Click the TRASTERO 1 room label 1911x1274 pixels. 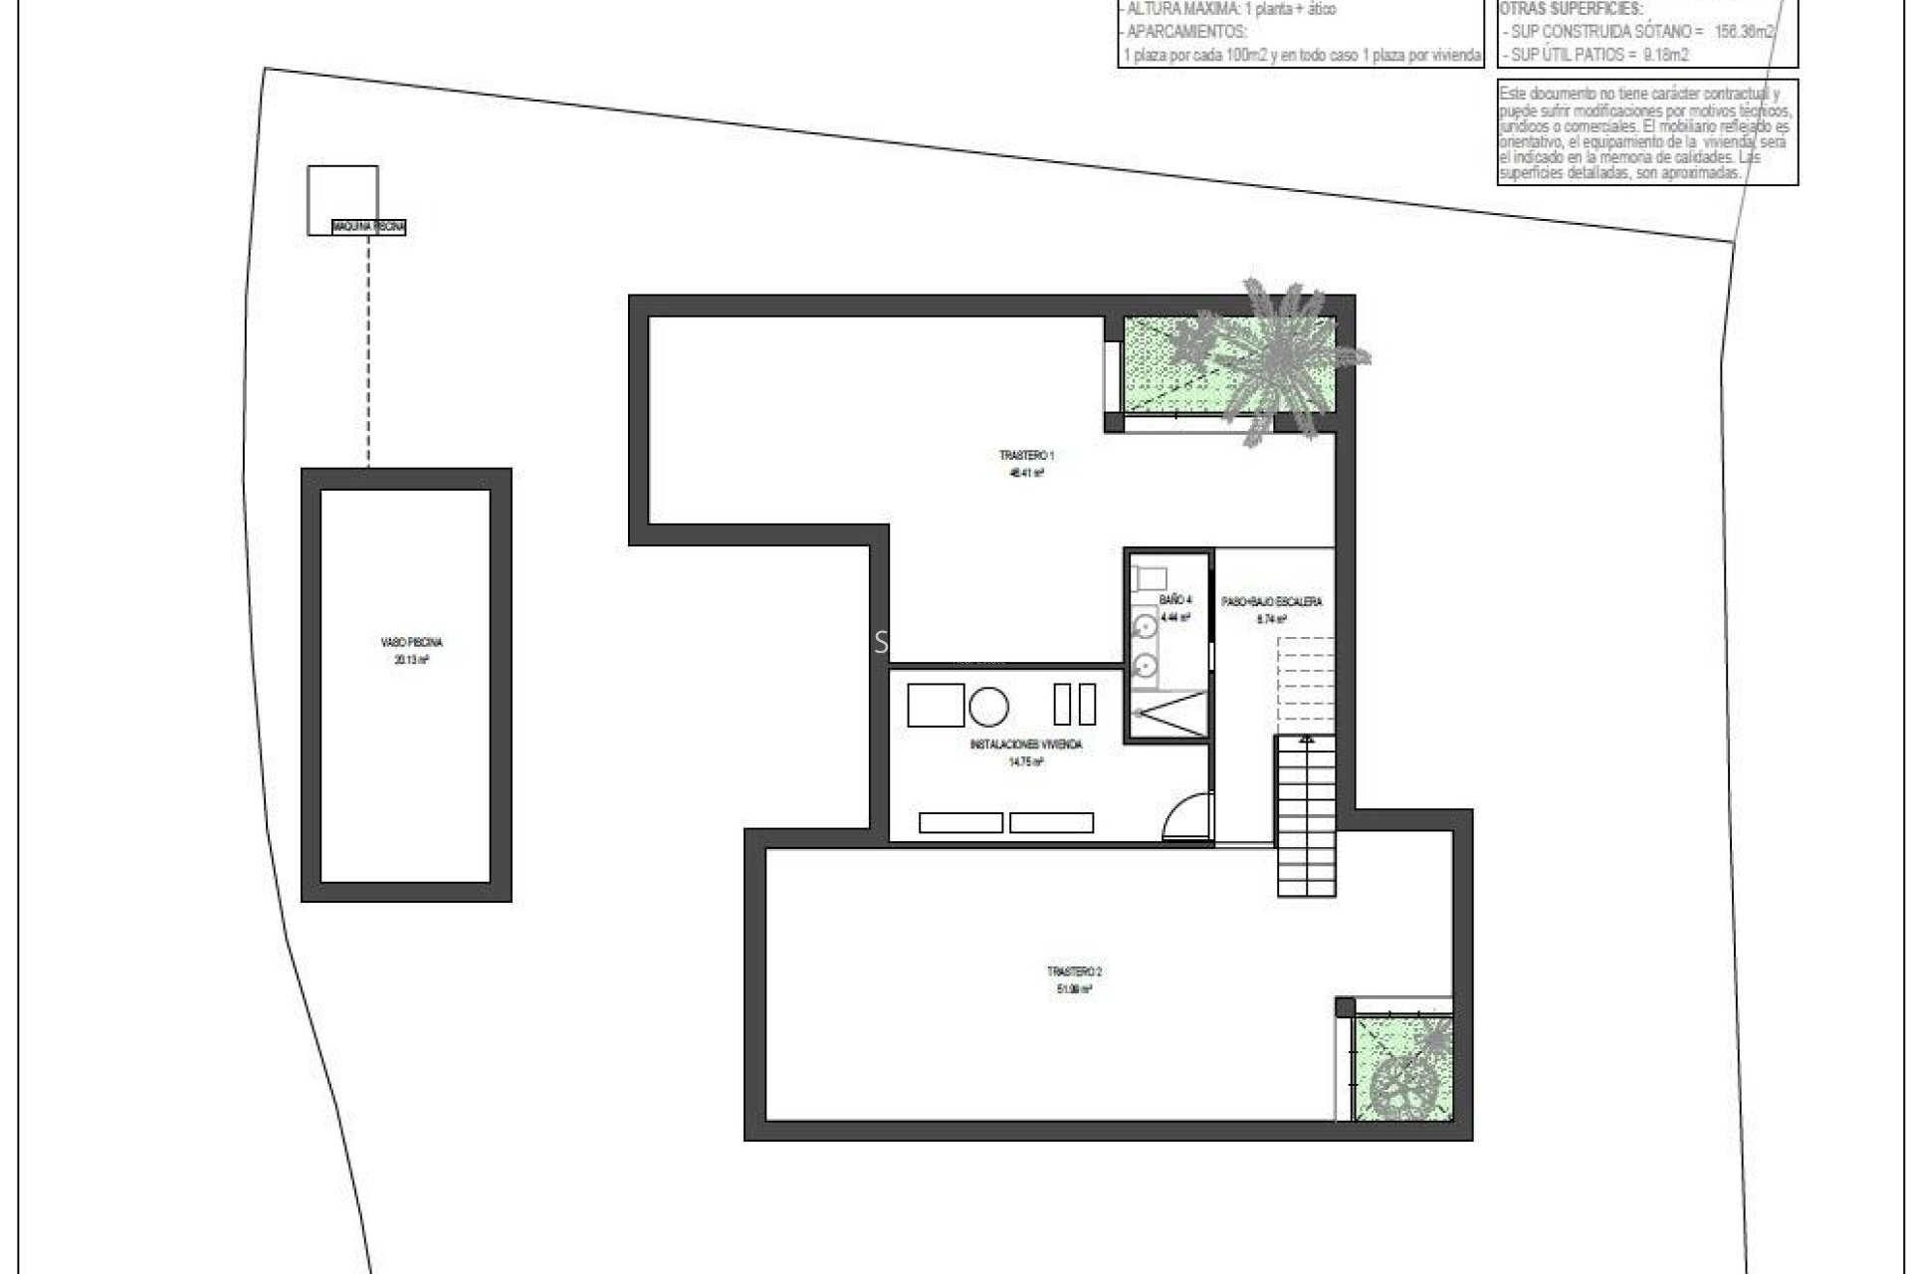(x=1026, y=456)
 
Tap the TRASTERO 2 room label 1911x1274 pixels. (x=1074, y=971)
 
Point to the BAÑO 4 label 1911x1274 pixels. (x=1175, y=600)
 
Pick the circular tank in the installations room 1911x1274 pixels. (x=988, y=706)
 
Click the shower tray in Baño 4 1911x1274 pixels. (x=1168, y=713)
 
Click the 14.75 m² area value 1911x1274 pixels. (x=1025, y=762)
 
